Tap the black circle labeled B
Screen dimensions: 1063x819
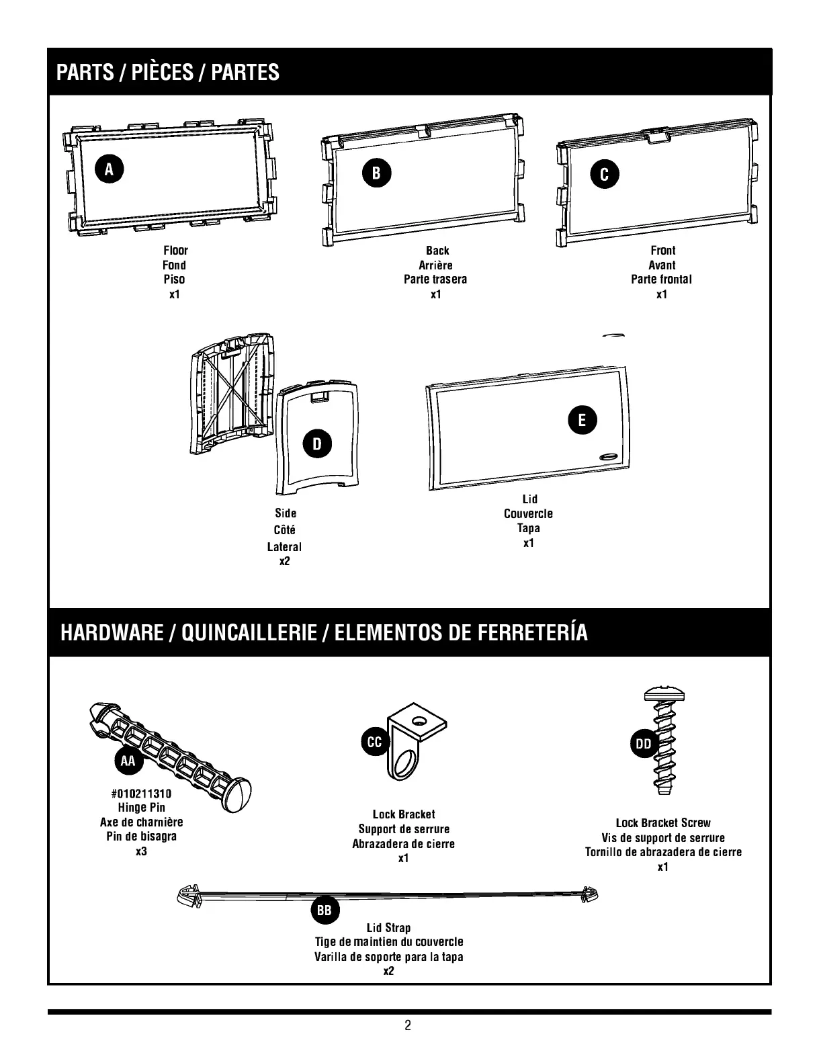(376, 173)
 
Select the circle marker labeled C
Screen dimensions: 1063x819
(604, 175)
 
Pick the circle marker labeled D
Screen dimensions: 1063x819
(316, 443)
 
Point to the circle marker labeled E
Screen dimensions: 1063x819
(582, 420)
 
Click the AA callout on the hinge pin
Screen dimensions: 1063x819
(128, 761)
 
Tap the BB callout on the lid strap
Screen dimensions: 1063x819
(325, 911)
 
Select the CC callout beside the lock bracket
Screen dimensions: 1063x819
(374, 742)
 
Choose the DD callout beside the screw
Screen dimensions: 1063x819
(643, 744)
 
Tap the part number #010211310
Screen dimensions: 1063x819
(141, 794)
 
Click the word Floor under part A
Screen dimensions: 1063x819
(175, 251)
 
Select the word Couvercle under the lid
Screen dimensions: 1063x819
(528, 514)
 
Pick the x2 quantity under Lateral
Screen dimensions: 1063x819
(284, 561)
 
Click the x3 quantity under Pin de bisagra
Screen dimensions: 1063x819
(141, 851)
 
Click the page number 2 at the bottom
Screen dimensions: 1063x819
(408, 1025)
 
